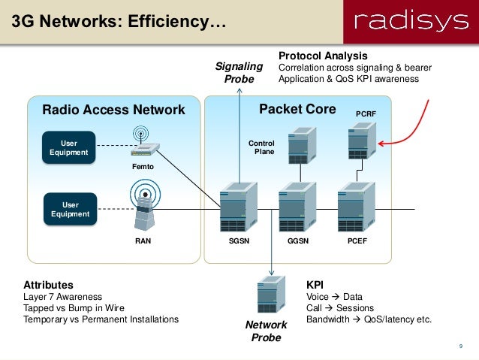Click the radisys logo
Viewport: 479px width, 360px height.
pos(411,21)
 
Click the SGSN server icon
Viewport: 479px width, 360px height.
pos(239,207)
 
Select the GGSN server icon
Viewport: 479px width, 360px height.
pos(297,207)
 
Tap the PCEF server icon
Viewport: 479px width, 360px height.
pos(357,207)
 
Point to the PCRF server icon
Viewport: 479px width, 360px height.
pos(363,141)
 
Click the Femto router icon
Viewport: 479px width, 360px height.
pos(145,141)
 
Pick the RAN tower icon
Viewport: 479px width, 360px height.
pos(145,204)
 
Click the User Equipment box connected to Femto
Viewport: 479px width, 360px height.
pos(69,147)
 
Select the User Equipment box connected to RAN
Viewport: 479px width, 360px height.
pos(71,209)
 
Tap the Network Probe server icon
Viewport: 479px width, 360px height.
pos(271,295)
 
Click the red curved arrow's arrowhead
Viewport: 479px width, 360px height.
pos(381,144)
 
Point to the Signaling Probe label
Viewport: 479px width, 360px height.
pos(239,72)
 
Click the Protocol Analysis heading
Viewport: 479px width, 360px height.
pos(323,56)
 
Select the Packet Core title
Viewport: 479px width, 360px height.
pos(297,109)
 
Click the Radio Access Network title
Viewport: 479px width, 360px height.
pos(113,110)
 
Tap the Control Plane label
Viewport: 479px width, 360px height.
pos(261,147)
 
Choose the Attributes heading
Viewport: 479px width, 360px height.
pos(48,285)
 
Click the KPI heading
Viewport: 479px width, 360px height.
pos(315,285)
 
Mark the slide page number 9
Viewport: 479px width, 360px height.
pos(461,346)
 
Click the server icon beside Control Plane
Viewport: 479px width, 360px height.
pos(302,146)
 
